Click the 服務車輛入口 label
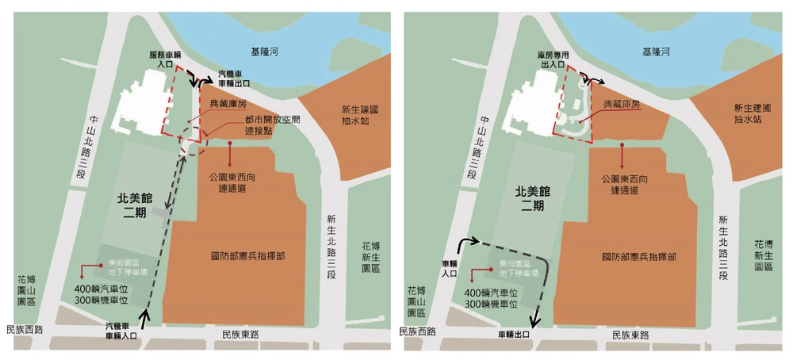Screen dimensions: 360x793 [167, 60]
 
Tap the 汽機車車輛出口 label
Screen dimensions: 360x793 [235, 77]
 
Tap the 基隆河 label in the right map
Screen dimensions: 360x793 [657, 52]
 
